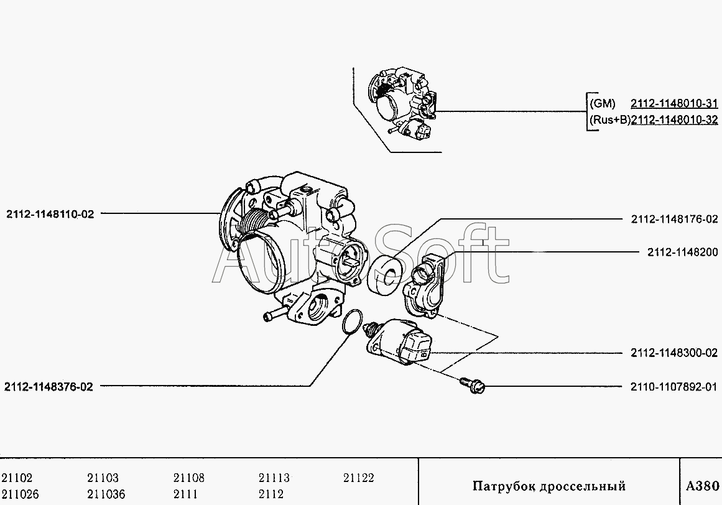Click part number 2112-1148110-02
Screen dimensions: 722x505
pyautogui.click(x=50, y=214)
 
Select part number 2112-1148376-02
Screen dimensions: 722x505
pyautogui.click(x=49, y=387)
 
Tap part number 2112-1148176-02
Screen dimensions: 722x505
pyautogui.click(x=674, y=219)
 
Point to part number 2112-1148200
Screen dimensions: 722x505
pyautogui.click(x=682, y=253)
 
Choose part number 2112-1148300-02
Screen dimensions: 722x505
pyautogui.click(x=674, y=353)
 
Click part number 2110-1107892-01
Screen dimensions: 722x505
pyautogui.click(x=674, y=387)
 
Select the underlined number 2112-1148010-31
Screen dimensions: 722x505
pyautogui.click(x=674, y=104)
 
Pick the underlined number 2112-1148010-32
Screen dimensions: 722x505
pyautogui.click(x=674, y=119)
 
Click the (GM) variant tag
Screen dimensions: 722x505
pyautogui.click(x=602, y=104)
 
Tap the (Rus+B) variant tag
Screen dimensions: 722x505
pyautogui.click(x=609, y=119)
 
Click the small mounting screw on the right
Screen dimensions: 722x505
pyautogui.click(x=473, y=386)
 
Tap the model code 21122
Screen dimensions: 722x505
pyautogui.click(x=359, y=478)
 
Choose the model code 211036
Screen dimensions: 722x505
pyautogui.click(x=106, y=494)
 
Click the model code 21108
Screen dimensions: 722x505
pyautogui.click(x=189, y=478)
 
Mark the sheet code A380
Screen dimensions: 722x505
pyautogui.click(x=702, y=486)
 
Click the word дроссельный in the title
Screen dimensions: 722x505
pyautogui.click(x=583, y=486)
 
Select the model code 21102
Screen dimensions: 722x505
pyautogui.click(x=17, y=478)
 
